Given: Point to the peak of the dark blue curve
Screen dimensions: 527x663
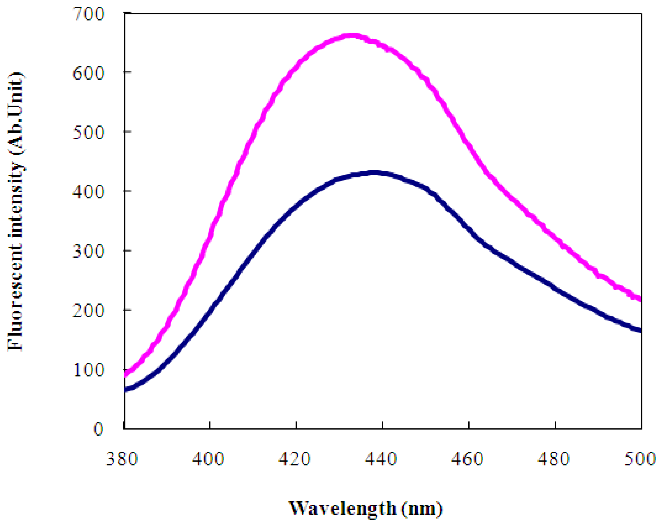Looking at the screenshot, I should pos(374,173).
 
